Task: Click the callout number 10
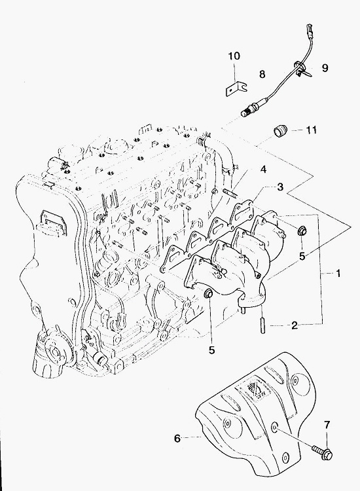234,56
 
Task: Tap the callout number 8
262,74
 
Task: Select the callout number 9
325,67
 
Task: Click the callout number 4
263,170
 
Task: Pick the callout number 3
280,187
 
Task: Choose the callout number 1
338,274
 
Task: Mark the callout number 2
295,325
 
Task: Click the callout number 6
177,439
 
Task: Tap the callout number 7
327,426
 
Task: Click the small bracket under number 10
236,88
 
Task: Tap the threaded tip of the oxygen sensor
244,113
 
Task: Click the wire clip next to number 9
302,69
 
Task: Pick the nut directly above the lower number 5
209,294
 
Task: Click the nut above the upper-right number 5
302,231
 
